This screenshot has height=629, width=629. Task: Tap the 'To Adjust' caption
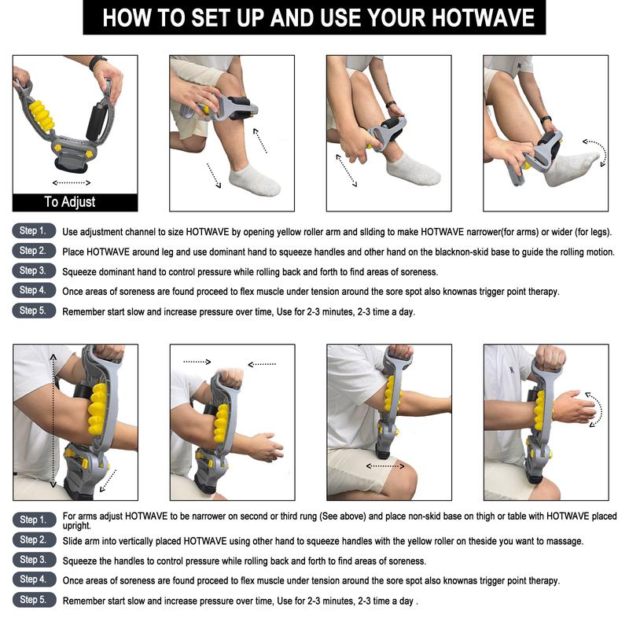tap(70, 201)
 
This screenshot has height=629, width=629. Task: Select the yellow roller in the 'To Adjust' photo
tap(42, 116)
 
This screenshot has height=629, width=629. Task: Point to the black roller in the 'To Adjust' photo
tap(95, 122)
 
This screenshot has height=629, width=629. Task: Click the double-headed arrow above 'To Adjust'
tap(72, 183)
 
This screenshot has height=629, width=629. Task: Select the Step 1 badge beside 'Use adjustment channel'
tap(34, 230)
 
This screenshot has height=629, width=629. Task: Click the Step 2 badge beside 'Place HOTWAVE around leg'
tap(34, 251)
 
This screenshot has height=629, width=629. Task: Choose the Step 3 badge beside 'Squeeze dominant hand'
tap(34, 270)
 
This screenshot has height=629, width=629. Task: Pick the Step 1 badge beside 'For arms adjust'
tap(34, 520)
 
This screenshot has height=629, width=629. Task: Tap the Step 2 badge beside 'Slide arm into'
tap(34, 540)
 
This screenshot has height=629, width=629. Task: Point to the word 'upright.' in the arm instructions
tap(77, 526)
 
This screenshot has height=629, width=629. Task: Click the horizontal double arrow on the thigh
tap(385, 466)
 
